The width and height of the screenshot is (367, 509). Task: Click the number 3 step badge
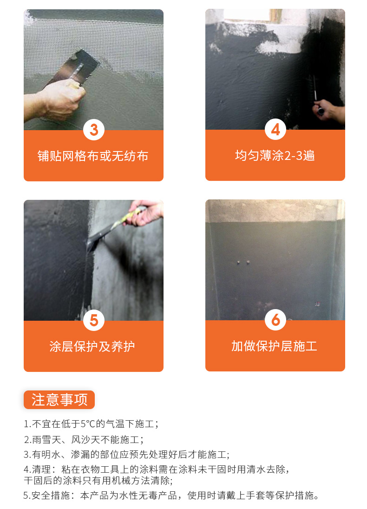(x=93, y=130)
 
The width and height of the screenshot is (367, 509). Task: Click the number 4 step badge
(x=275, y=130)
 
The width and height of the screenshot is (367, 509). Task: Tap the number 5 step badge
(x=93, y=320)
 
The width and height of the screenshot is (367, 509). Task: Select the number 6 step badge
(x=275, y=320)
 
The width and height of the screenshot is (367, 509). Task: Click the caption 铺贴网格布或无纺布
(x=93, y=156)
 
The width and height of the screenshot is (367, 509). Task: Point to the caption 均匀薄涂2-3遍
(x=275, y=155)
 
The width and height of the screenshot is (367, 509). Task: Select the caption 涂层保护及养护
(x=93, y=346)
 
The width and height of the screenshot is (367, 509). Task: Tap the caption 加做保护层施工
(x=275, y=346)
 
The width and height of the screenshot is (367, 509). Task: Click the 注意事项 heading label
(x=59, y=400)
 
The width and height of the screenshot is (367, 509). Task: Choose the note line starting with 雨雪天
(x=84, y=439)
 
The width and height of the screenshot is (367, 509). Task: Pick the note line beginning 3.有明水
(x=126, y=454)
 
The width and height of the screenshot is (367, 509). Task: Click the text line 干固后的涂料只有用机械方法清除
(x=98, y=480)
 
